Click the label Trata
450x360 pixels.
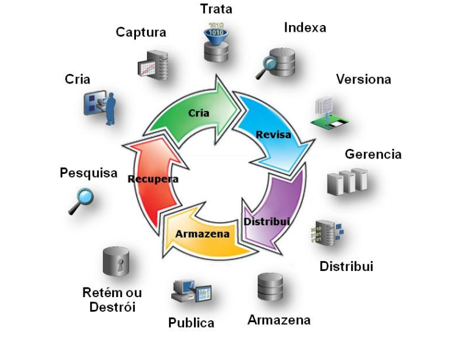tap(216, 9)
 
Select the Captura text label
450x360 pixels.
tap(141, 32)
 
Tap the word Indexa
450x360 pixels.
tap(305, 27)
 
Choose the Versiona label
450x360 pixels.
tap(364, 79)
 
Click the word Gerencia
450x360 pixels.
tap(373, 154)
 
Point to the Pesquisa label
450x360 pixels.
tap(88, 173)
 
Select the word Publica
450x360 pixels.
tap(191, 323)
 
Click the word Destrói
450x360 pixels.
tap(112, 306)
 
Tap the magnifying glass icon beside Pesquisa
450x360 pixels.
tap(80, 201)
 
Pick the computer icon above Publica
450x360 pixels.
tap(191, 292)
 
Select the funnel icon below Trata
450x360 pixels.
tap(217, 32)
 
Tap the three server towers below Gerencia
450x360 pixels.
tap(348, 182)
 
